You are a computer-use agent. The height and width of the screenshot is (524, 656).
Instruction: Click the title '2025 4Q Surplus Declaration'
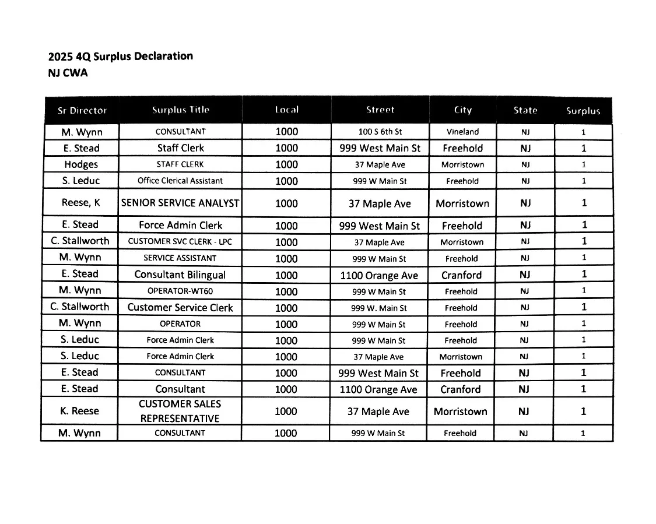coord(120,57)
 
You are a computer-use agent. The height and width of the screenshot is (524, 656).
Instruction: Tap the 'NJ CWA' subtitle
coord(68,73)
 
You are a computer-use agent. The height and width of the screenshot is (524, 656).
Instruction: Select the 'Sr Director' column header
coord(82,110)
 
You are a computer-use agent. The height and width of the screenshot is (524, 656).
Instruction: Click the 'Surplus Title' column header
coord(180,110)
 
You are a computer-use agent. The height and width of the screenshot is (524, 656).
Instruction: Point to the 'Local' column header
coord(286,110)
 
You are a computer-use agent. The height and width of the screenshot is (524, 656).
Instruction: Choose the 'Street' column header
coord(380,110)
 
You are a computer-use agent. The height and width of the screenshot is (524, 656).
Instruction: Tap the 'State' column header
coord(525,110)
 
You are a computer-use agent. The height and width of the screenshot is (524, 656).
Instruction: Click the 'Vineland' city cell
coord(462,132)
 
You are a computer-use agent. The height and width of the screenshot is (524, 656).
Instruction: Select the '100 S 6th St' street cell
coord(380,132)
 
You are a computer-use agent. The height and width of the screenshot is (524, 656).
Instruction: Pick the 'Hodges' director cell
coord(81,164)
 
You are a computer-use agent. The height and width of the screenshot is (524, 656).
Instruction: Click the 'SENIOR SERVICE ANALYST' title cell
coord(180,203)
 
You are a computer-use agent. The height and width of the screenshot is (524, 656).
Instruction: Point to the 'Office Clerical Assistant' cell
coord(180,181)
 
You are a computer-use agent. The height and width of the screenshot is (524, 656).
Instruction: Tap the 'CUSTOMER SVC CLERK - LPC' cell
coord(180,241)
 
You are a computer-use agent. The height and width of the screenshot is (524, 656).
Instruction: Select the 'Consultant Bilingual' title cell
coord(180,275)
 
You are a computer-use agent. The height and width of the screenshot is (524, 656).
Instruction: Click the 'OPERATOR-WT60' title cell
coord(180,291)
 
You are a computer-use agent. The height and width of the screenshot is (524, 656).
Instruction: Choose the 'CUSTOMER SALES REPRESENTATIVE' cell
coord(180,411)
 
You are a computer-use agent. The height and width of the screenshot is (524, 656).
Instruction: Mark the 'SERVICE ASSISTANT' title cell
coord(180,258)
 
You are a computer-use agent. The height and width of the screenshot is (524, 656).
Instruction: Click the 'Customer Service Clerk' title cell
coord(180,307)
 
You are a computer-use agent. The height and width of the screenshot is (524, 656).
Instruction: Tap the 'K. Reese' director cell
coord(80,411)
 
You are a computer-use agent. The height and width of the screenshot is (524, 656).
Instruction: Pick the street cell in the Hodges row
coord(380,165)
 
